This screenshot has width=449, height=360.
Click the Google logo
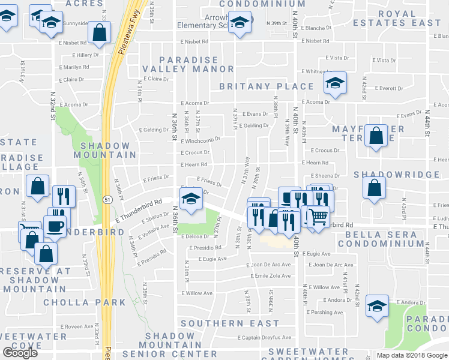[x=20, y=352]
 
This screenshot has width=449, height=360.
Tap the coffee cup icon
[x=55, y=226]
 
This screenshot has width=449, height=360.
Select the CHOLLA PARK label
[x=85, y=302]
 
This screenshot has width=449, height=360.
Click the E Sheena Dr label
[x=325, y=176]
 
